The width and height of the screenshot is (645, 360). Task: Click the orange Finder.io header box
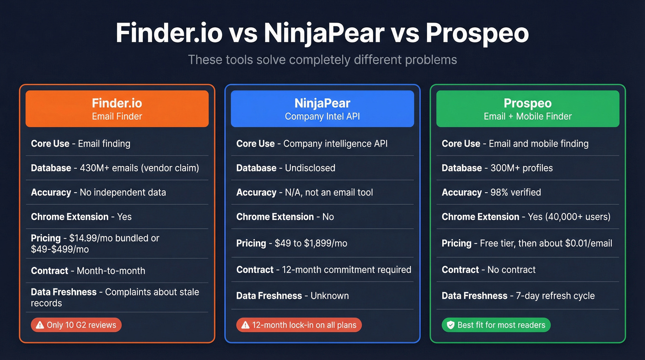tap(117, 108)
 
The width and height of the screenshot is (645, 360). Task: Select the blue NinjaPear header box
tap(322, 108)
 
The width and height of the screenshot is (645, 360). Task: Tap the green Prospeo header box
tap(528, 108)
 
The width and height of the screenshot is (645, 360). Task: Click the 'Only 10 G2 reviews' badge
tap(76, 325)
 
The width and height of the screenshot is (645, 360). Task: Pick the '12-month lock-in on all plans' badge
tap(299, 325)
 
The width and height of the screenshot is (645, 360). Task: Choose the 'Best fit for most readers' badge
tap(496, 325)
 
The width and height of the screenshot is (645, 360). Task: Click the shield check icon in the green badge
tap(450, 325)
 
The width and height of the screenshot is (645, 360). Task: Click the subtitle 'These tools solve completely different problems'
tap(322, 59)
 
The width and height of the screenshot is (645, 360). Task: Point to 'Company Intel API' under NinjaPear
tap(322, 116)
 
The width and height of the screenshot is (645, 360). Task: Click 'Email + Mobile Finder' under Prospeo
tap(528, 116)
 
